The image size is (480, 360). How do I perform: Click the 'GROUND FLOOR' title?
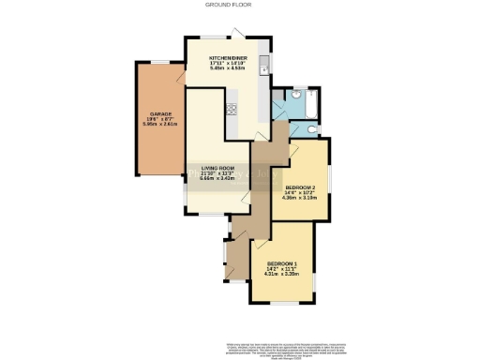[x=239, y=5]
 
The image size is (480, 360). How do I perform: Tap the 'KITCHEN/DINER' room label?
[x=226, y=58]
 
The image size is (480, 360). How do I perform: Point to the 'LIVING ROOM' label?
[x=217, y=167]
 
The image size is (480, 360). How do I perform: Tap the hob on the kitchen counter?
[x=230, y=109]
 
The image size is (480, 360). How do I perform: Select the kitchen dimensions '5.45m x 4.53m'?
[x=226, y=69]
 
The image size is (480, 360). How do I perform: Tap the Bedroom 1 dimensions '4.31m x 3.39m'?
[x=282, y=275]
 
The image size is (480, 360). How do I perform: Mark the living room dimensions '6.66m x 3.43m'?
[x=217, y=178]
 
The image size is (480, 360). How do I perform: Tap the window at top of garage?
[x=160, y=63]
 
